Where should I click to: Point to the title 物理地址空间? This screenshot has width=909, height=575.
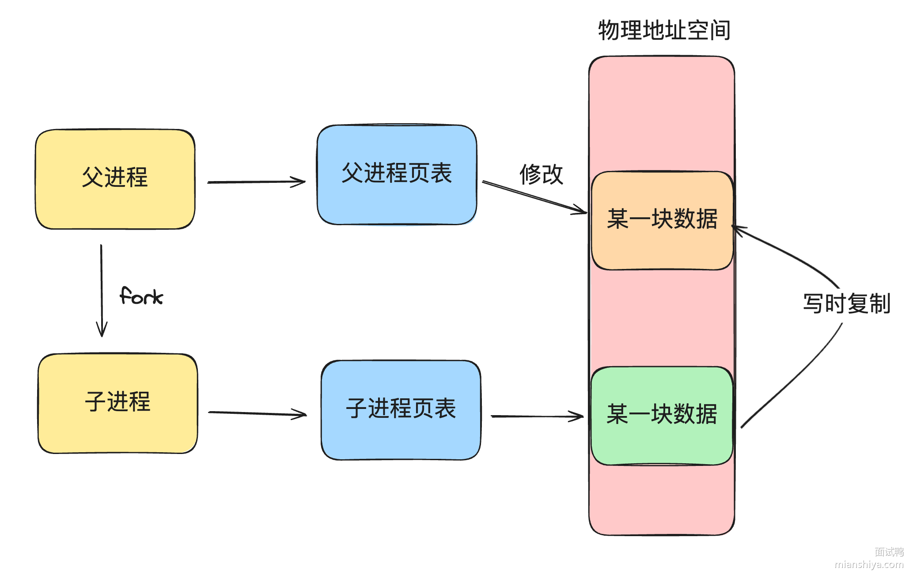pos(664,30)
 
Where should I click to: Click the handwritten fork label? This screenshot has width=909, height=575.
pos(141,296)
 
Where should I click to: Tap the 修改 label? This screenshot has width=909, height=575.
pos(541,174)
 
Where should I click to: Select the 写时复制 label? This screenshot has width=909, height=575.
pos(846,304)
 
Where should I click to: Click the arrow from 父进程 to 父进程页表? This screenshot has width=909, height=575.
pos(256,182)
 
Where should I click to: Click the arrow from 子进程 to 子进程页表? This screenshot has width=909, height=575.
pos(257,413)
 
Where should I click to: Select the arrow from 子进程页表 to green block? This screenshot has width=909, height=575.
pos(537,416)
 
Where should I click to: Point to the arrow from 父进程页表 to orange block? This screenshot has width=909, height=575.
pos(534,197)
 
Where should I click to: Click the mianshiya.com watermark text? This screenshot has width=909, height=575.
pos(869,564)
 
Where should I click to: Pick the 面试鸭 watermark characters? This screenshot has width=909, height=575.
pos(889,552)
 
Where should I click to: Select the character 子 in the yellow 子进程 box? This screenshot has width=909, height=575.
pos(95,401)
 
